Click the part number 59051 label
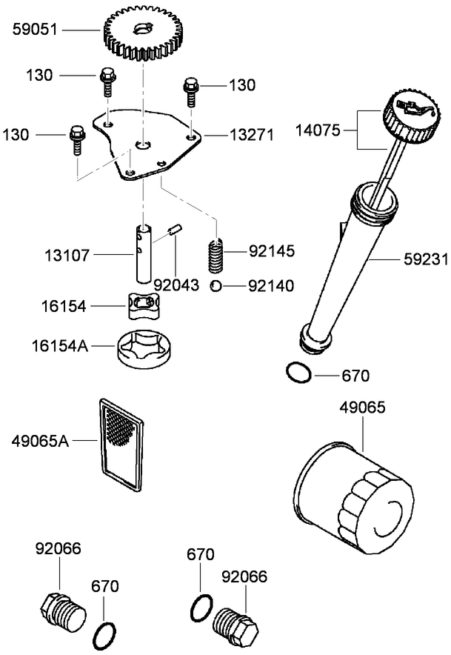tap(36, 30)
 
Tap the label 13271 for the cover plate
tap(250, 135)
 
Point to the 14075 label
tap(318, 130)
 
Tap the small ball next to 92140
tap(214, 285)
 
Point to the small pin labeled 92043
tap(175, 230)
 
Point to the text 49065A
tap(41, 441)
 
